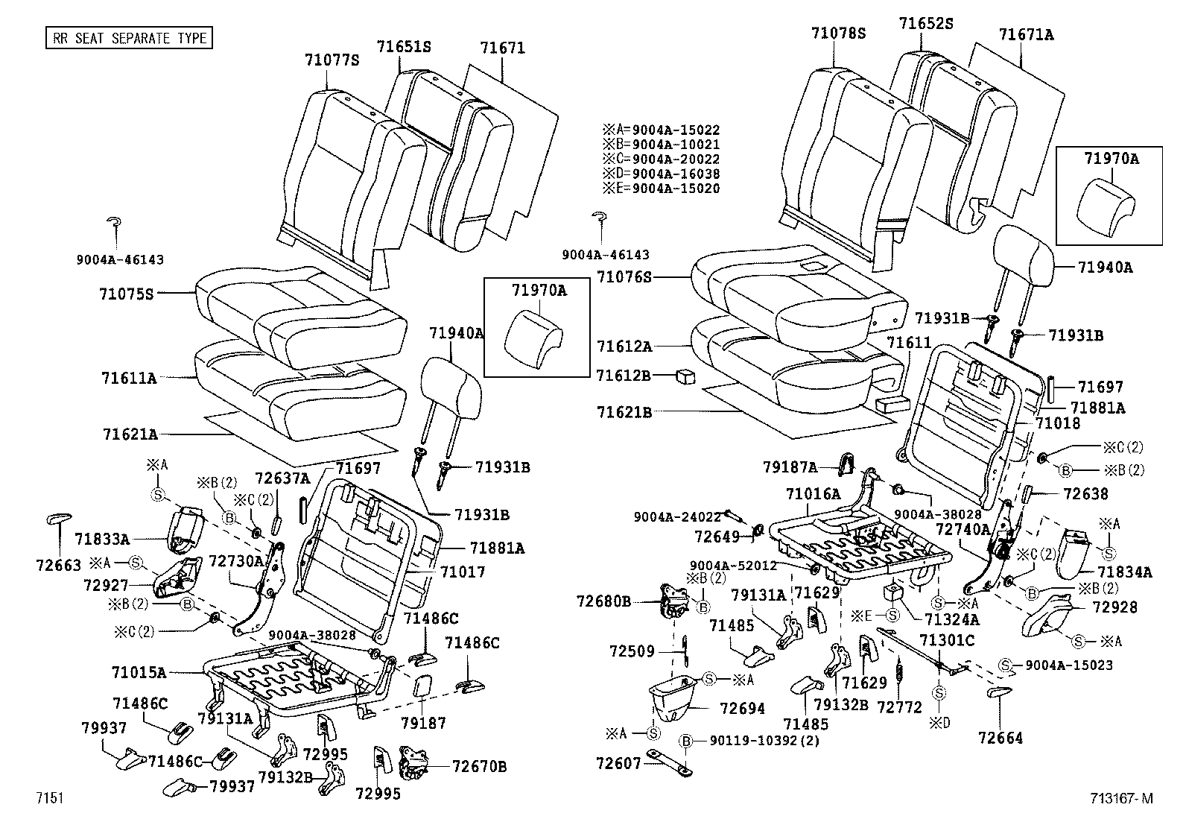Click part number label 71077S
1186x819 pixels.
tap(332, 60)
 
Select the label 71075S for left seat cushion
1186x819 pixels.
tap(126, 294)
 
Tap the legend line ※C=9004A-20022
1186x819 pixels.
tap(662, 159)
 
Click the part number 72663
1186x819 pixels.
tap(57, 566)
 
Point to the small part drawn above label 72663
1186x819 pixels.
tap(59, 519)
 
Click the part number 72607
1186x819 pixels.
tap(618, 764)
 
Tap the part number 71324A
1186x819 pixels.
tap(951, 619)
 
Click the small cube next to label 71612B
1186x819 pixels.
tap(685, 376)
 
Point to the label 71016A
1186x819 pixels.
tap(813, 493)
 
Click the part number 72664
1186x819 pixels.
tap(1001, 739)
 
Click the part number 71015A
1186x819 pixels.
tap(139, 672)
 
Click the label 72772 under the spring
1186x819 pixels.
tap(899, 706)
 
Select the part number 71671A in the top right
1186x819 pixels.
tap(1026, 35)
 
